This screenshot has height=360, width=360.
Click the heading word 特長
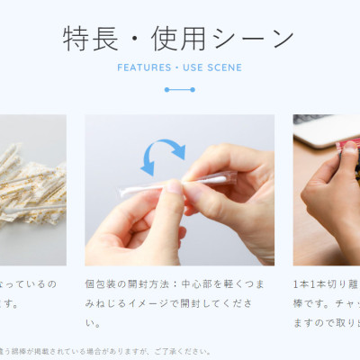pyautogui.click(x=88, y=39)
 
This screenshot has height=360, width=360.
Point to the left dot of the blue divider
pyautogui.click(x=166, y=90)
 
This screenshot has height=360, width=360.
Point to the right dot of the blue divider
pyautogui.click(x=193, y=90)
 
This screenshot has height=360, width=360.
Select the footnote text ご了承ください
pyautogui.click(x=184, y=352)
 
